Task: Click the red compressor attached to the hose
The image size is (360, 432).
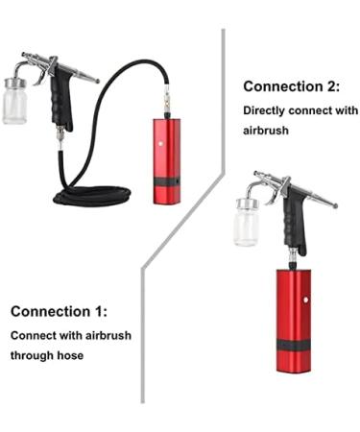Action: [x=163, y=154]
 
